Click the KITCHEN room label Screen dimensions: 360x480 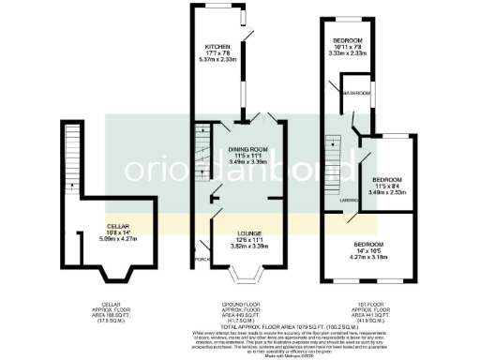(219, 45)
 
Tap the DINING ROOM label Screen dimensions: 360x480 (245, 149)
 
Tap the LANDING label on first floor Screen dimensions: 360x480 (346, 199)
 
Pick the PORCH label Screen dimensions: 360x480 (200, 259)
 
